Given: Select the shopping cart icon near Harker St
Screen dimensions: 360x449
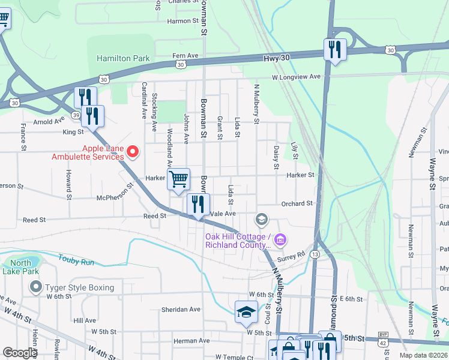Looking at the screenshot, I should [179, 179].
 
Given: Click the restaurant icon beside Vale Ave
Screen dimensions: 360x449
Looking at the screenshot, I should [198, 205].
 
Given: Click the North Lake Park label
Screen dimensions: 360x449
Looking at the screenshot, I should [20, 267].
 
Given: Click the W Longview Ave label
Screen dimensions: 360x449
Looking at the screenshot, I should [296, 77].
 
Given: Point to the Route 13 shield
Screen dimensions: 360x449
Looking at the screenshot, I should [315, 254].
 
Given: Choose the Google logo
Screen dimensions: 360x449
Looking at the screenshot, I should [20, 353].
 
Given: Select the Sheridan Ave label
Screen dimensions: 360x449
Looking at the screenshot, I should [180, 309].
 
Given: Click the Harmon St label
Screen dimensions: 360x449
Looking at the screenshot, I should [182, 21].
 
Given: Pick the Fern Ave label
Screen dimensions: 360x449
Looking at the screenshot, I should [185, 55].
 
